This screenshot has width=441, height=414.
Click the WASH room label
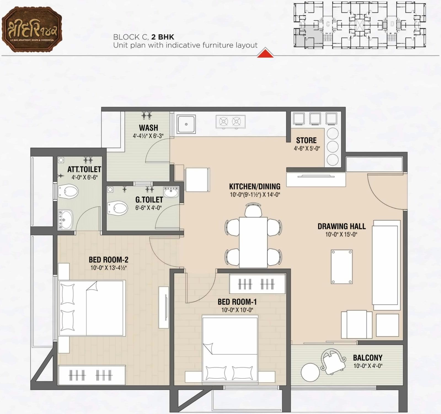pyautogui.click(x=148, y=128)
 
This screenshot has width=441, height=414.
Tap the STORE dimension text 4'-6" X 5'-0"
pyautogui.click(x=307, y=148)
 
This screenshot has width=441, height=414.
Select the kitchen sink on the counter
pyautogui.click(x=186, y=124)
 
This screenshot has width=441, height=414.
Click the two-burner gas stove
pyautogui.click(x=230, y=122)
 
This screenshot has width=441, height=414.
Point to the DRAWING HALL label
pyautogui.click(x=341, y=226)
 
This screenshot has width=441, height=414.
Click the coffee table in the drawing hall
pyautogui.click(x=341, y=267)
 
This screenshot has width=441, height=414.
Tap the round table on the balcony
pyautogui.click(x=310, y=372)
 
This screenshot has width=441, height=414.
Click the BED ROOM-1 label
pyautogui.click(x=237, y=302)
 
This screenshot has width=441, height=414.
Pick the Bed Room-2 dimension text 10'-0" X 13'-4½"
pyautogui.click(x=108, y=268)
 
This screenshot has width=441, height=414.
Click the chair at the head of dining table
pyautogui.click(x=253, y=210)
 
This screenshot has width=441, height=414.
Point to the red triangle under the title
pyautogui.click(x=265, y=53)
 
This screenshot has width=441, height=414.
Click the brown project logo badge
pyautogui.click(x=32, y=30)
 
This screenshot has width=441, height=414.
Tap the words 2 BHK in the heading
pyautogui.click(x=163, y=37)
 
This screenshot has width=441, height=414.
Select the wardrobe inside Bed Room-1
pyautogui.click(x=257, y=284)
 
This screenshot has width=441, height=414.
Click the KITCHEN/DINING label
pyautogui.click(x=255, y=186)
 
